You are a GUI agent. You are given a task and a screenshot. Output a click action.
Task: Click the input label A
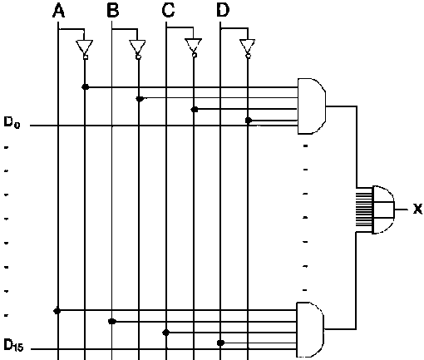58,11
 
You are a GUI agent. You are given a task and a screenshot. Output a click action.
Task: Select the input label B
113,11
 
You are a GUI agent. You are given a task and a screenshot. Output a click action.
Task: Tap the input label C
168,11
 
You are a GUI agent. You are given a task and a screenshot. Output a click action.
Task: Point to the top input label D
223,11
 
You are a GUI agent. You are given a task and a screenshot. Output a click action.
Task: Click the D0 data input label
12,122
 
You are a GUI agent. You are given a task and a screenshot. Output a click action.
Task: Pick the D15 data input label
13,345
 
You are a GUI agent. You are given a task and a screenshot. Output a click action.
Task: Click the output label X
417,209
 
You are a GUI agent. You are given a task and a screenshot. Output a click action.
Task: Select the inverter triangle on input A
85,47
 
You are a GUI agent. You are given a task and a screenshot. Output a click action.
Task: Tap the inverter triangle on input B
137,47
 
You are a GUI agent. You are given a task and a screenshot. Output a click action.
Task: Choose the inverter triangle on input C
194,46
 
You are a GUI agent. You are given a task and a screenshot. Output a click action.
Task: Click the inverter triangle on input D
248,47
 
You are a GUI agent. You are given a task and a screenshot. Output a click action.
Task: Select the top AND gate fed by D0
312,106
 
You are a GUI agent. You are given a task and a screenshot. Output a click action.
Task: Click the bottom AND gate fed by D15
310,329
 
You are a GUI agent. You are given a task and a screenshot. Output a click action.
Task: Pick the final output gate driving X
383,210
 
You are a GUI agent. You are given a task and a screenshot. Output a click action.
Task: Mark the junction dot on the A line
57,311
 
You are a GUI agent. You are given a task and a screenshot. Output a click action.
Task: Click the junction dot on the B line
112,322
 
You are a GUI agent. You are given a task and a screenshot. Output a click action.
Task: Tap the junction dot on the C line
166,333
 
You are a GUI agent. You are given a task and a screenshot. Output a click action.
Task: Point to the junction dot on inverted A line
86,86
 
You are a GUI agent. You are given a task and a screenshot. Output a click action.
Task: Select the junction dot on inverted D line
249,121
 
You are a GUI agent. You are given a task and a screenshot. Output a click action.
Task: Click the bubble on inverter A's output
86,57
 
